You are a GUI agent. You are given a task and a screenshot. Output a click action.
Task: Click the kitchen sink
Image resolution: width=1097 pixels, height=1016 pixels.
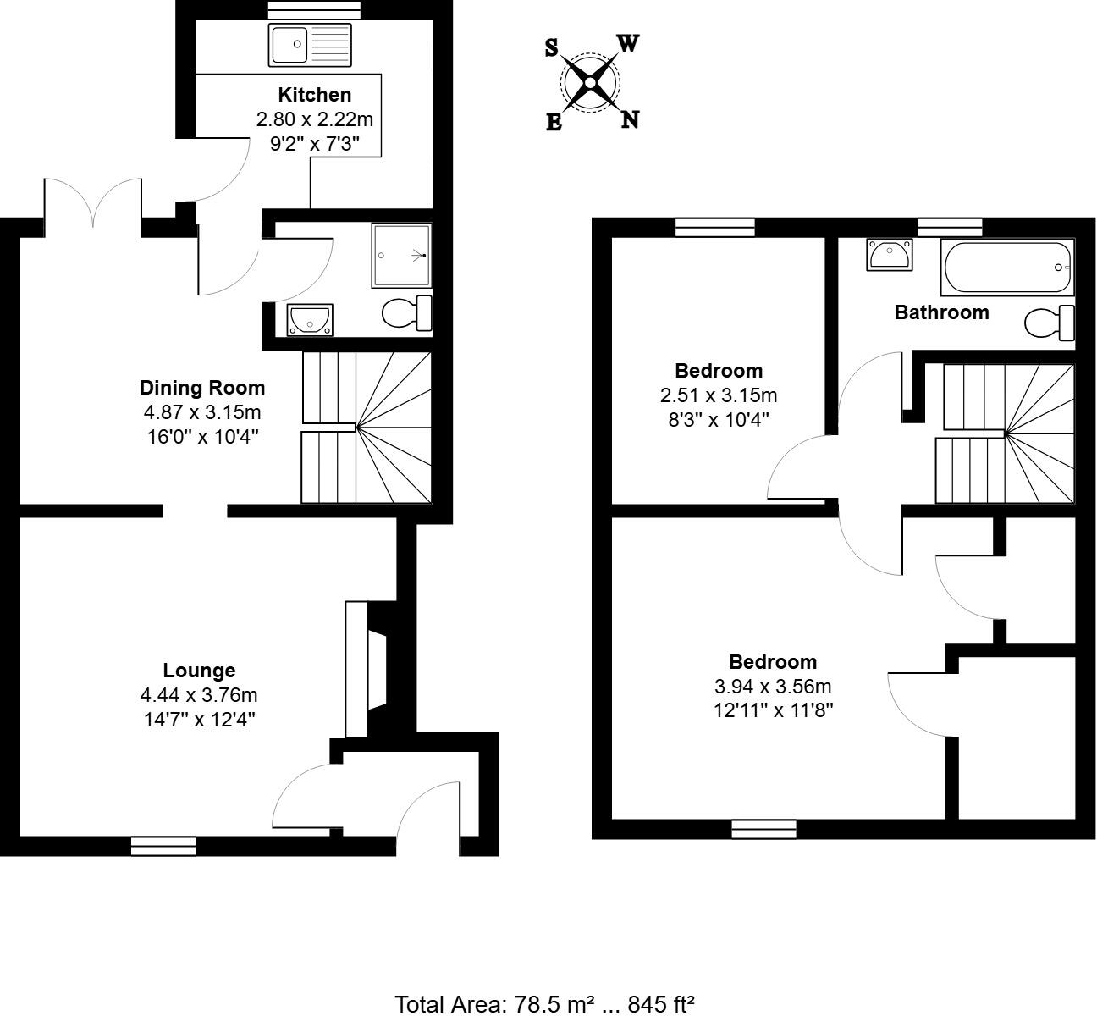click(x=310, y=45)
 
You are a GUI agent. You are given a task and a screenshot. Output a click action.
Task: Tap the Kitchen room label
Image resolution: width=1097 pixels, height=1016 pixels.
click(x=314, y=95)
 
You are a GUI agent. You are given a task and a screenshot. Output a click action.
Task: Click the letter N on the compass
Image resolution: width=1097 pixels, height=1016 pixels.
click(x=630, y=119)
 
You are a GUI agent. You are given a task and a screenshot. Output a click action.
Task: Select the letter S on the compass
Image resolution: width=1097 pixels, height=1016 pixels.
click(x=551, y=48)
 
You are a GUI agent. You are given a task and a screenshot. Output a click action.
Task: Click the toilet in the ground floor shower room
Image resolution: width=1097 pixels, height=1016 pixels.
click(x=407, y=313)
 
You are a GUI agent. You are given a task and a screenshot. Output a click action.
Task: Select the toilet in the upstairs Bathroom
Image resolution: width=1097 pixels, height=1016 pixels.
click(x=1050, y=323)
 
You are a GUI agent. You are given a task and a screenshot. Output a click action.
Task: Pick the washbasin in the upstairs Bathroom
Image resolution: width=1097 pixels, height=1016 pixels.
click(x=889, y=254)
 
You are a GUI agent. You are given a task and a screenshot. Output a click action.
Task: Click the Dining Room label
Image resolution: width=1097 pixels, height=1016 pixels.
click(x=202, y=388)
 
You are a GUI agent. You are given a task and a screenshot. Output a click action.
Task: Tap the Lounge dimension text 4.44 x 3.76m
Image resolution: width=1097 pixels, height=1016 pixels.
click(x=199, y=695)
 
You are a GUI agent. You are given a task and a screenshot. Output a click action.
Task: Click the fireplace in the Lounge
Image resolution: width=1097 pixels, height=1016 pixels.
click(x=367, y=669)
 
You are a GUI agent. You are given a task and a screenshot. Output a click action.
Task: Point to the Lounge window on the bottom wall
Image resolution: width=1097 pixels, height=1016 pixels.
click(x=163, y=845)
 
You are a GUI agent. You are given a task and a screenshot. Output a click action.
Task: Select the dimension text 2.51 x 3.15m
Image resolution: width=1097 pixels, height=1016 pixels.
click(x=718, y=395)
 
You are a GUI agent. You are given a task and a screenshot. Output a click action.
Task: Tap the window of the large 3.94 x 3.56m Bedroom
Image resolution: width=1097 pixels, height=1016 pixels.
click(x=763, y=828)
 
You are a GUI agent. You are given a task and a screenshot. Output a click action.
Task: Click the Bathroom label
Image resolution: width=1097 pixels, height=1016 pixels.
click(x=941, y=312)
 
